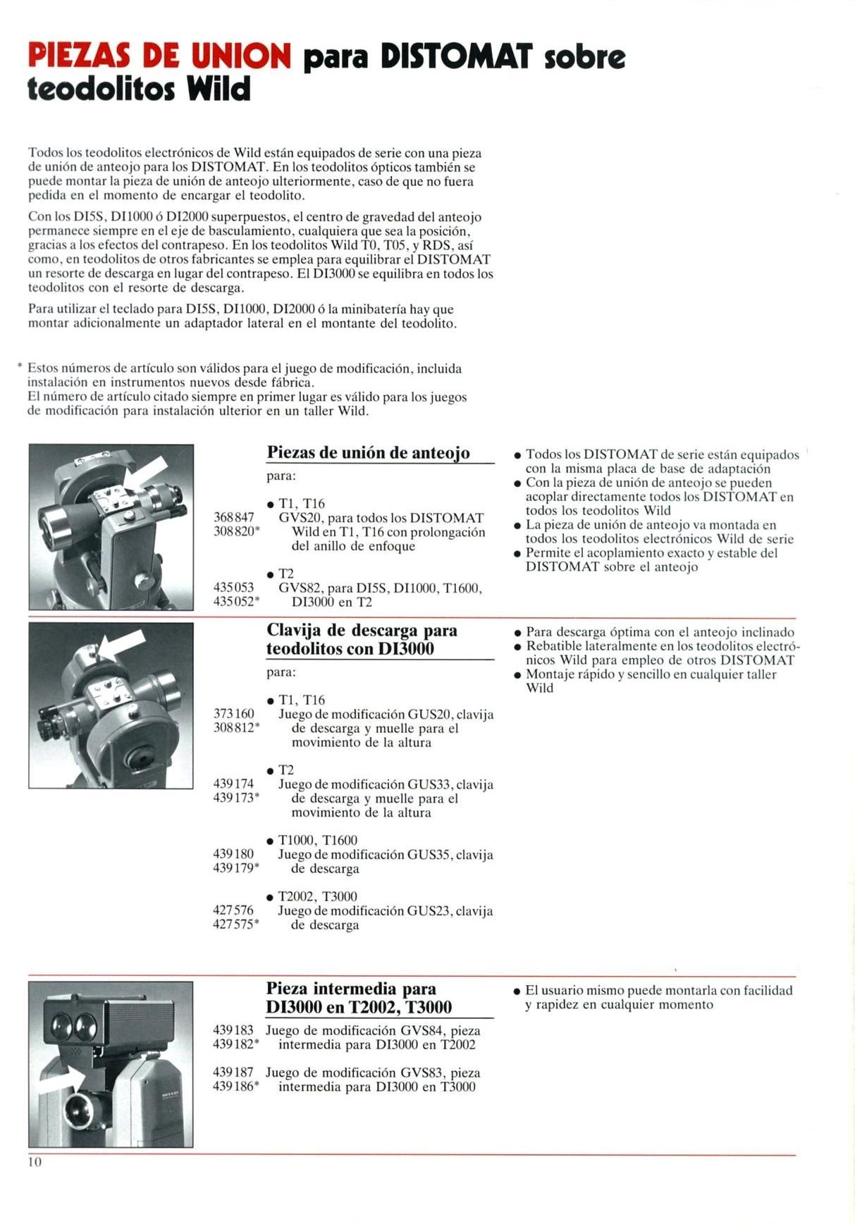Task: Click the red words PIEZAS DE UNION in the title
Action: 159,56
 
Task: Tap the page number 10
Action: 35,1162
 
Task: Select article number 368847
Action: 233,517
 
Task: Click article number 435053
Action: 233,587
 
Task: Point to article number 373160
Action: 233,714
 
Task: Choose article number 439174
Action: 233,784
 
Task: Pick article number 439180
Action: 233,854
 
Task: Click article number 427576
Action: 233,910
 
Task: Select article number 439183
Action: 233,1030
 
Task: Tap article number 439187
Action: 233,1072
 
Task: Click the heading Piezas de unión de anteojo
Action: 368,452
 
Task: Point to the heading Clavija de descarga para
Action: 362,630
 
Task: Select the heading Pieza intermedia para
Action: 351,989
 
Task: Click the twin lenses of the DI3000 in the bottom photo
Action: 73,1022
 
